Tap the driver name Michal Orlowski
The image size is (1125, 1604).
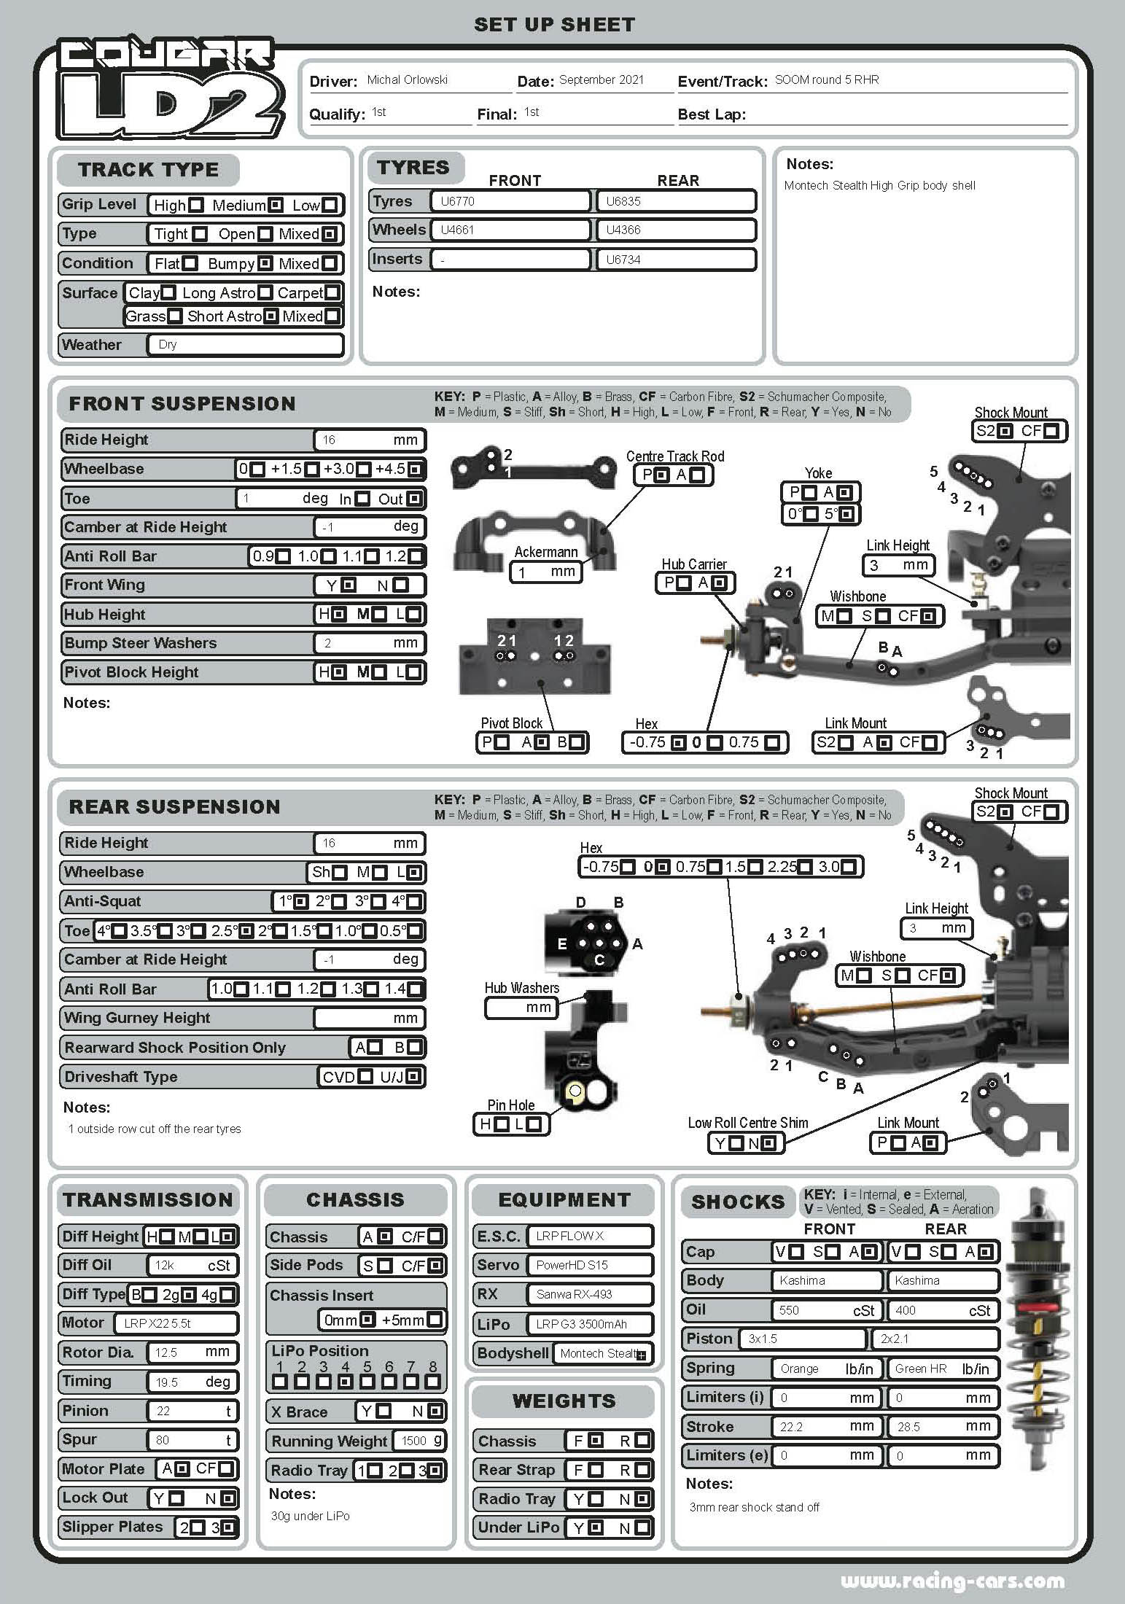coord(407,80)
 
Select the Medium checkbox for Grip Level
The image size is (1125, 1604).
coord(276,206)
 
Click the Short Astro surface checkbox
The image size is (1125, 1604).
coord(271,316)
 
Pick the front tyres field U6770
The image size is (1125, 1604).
coord(510,201)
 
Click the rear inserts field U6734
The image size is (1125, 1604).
coord(676,260)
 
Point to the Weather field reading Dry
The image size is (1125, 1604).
coord(245,345)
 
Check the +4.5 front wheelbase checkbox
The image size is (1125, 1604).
coord(415,470)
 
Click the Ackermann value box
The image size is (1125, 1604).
coord(546,572)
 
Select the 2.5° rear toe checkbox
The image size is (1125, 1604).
coord(246,931)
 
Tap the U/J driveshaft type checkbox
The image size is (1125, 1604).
coord(413,1077)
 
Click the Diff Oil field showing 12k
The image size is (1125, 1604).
coord(192,1266)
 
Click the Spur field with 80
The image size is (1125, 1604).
coord(192,1440)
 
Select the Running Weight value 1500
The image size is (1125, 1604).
coord(419,1441)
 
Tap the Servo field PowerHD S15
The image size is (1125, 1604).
coord(590,1265)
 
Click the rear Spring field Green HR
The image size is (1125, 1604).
coord(942,1369)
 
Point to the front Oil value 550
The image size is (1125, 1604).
coord(826,1310)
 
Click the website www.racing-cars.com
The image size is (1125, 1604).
coord(952,1581)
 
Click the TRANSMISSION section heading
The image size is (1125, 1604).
coord(148,1200)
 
